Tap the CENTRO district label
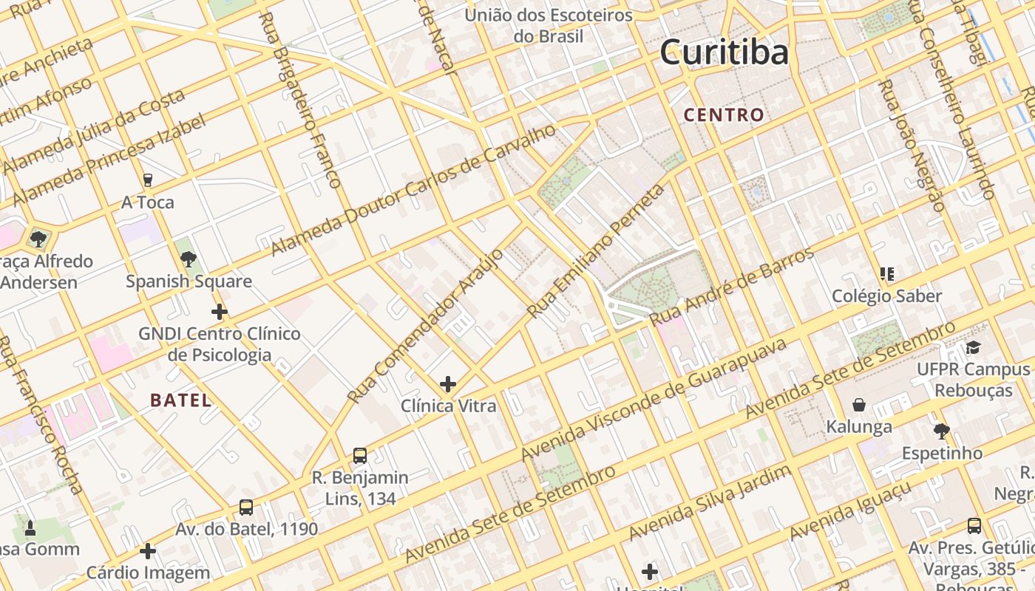pyautogui.click(x=724, y=115)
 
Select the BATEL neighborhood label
pyautogui.click(x=181, y=400)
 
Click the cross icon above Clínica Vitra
pyautogui.click(x=447, y=384)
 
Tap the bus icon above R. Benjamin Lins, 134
pyautogui.click(x=360, y=455)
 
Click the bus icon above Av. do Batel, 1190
pyautogui.click(x=246, y=508)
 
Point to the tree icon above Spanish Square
pyautogui.click(x=189, y=259)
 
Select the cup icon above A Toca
pyautogui.click(x=148, y=180)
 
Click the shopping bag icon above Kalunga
pyautogui.click(x=859, y=405)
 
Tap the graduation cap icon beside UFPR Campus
pyautogui.click(x=974, y=348)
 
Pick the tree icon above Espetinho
pyautogui.click(x=941, y=431)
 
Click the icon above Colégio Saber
pyautogui.click(x=887, y=274)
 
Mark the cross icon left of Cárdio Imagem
pyautogui.click(x=148, y=551)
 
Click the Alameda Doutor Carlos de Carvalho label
pyautogui.click(x=413, y=190)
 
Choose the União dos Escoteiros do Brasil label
pyautogui.click(x=549, y=26)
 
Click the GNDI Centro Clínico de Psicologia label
pyautogui.click(x=220, y=344)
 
